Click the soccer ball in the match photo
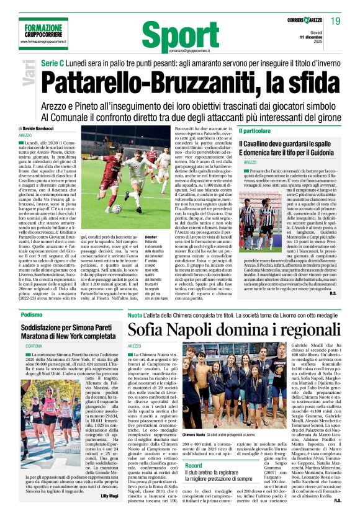point(117,208)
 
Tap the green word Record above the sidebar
point(193,465)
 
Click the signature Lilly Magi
point(109,513)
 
